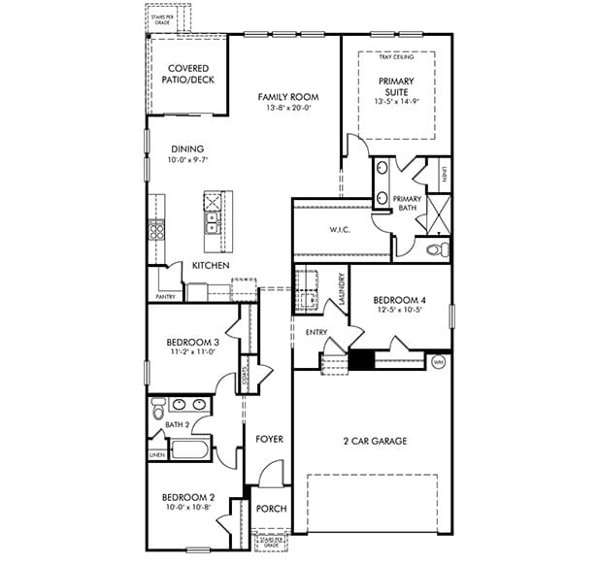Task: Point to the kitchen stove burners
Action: coord(155,230)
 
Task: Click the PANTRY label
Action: coord(166,296)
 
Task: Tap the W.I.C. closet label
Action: coord(339,230)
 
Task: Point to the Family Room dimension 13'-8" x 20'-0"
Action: coord(287,109)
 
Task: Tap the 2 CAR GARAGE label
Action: coord(374,441)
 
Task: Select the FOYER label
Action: coord(269,439)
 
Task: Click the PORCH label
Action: coord(270,509)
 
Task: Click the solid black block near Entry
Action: coord(361,361)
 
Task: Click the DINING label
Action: coord(187,149)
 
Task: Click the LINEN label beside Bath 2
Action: coord(156,454)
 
